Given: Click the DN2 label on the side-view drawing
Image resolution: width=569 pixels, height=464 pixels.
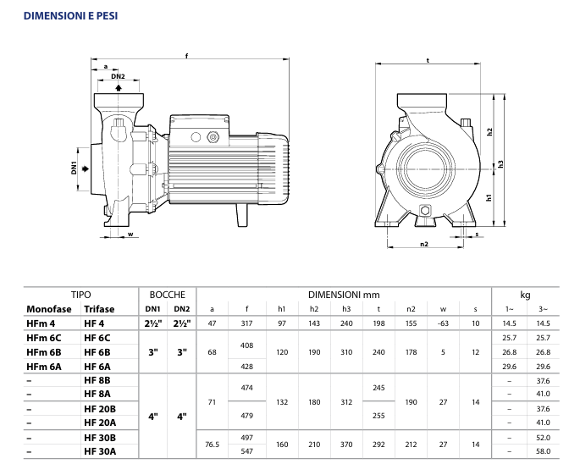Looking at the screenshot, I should point(118,77).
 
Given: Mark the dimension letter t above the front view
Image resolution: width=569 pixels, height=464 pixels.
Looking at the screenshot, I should point(428,59).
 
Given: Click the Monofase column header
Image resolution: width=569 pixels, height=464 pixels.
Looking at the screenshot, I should point(49,309).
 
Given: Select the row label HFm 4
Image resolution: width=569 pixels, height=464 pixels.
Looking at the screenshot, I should point(41,323).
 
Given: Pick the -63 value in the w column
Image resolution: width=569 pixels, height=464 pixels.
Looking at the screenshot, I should point(442,323).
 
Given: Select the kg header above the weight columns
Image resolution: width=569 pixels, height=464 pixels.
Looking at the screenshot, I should point(525,295).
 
